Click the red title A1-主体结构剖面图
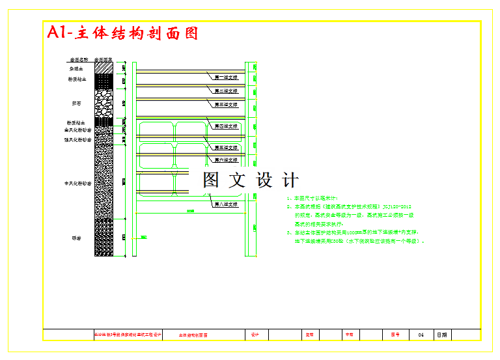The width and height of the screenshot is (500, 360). pyautogui.click(x=122, y=33)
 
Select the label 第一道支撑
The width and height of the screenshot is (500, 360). pyautogui.click(x=226, y=77)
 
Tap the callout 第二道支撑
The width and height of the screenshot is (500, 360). pyautogui.click(x=226, y=90)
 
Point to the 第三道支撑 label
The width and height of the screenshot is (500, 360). pyautogui.click(x=226, y=104)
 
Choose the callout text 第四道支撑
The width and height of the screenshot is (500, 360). pyautogui.click(x=226, y=125)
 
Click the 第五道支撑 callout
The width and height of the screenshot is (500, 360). pyautogui.click(x=226, y=148)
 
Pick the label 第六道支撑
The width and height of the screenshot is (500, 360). pyautogui.click(x=226, y=159)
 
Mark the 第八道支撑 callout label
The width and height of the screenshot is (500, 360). pyautogui.click(x=226, y=204)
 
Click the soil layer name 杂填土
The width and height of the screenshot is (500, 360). pyautogui.click(x=77, y=68)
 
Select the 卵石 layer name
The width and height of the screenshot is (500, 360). pyautogui.click(x=77, y=103)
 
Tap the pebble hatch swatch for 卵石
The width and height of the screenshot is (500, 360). pyautogui.click(x=104, y=102)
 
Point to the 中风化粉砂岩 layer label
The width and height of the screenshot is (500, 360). pyautogui.click(x=77, y=184)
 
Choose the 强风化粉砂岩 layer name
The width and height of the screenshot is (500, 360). pyautogui.click(x=77, y=139)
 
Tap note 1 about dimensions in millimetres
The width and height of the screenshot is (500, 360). pyautogui.click(x=312, y=198)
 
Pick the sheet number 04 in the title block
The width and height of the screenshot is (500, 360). pyautogui.click(x=421, y=335)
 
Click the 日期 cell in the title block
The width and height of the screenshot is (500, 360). pyautogui.click(x=442, y=335)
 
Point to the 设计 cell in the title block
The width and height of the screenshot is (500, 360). pyautogui.click(x=255, y=335)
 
